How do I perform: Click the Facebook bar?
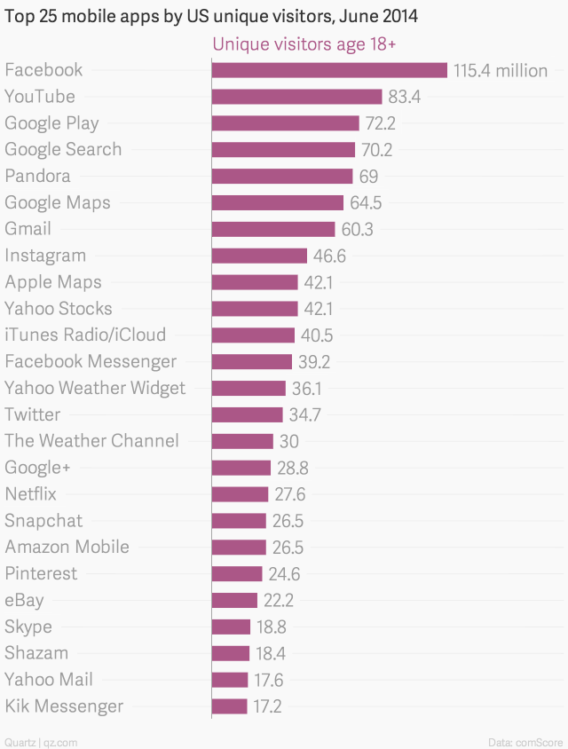328,70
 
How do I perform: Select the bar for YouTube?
296,97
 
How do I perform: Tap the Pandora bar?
282,176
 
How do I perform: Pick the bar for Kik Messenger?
230,706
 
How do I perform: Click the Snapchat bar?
239,521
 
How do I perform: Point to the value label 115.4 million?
500,70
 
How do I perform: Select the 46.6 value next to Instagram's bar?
328,256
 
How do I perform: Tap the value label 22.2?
278,601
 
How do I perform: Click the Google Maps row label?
58,202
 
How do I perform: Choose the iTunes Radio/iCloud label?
85,335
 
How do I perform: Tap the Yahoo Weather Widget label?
95,388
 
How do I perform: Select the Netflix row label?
30,494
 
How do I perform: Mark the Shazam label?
35,653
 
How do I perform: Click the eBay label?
24,601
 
